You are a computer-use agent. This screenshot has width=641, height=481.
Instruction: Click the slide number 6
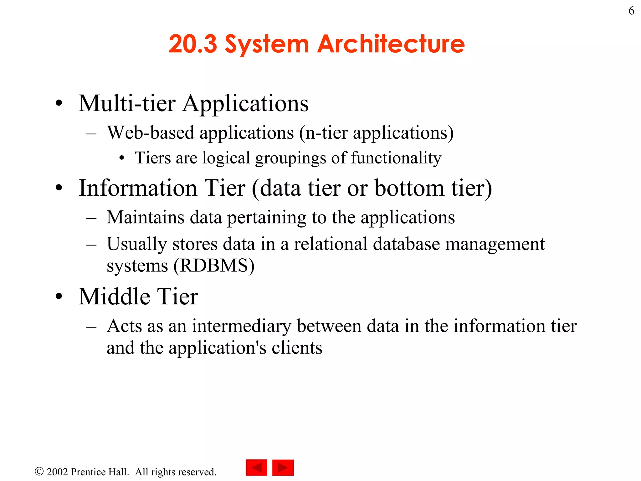point(631,11)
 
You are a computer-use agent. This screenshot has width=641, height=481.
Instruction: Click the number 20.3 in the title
point(193,44)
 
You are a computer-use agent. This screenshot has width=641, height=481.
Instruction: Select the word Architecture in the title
point(391,44)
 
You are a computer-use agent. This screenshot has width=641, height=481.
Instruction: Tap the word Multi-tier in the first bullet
point(127,103)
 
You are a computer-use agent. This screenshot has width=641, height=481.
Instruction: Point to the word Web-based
point(151,133)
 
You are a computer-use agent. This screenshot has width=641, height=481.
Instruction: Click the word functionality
point(396,158)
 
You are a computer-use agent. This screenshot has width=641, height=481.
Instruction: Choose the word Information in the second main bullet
point(138,188)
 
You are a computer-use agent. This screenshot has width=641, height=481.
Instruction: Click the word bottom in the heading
point(409,188)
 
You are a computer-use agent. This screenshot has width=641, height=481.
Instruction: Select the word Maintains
point(146,217)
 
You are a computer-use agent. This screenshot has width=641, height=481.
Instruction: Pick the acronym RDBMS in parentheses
point(214,266)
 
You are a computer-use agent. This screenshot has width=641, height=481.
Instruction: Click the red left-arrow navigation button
point(256,468)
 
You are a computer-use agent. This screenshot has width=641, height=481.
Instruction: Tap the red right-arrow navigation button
point(283,468)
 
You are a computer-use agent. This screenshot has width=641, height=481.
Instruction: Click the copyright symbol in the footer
point(39,471)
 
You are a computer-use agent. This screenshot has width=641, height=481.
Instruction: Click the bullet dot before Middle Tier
point(59,296)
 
